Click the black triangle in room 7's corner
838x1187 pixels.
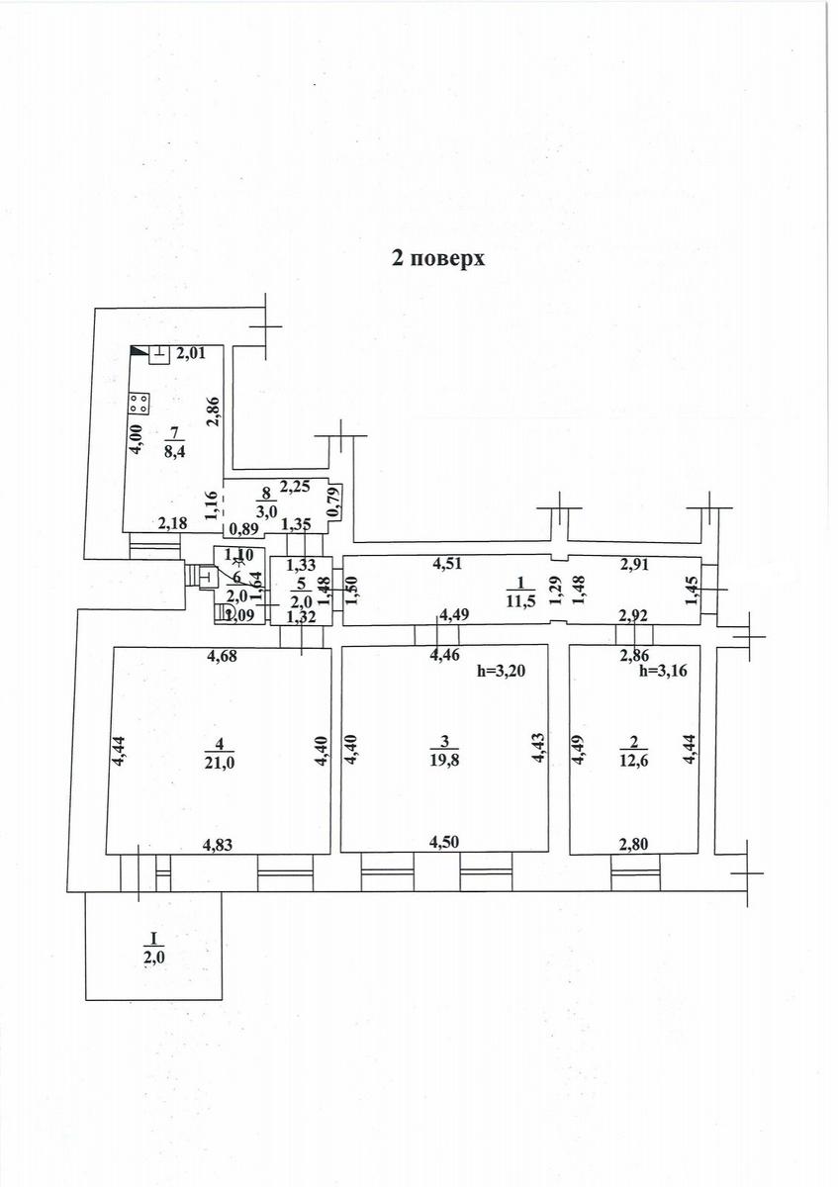138,351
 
